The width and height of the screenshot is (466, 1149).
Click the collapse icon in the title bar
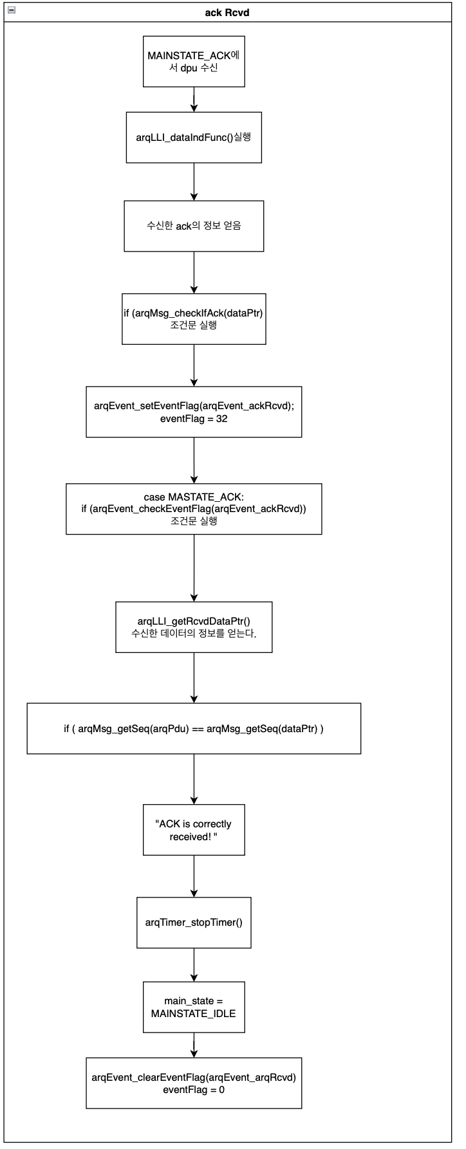point(11,10)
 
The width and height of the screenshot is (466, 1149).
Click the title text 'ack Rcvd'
point(227,12)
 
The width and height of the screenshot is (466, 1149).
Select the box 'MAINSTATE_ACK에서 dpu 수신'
point(194,61)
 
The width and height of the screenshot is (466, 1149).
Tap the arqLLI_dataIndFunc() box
point(194,138)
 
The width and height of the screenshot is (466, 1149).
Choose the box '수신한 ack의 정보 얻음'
point(194,226)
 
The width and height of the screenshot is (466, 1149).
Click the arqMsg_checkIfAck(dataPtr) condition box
point(194,319)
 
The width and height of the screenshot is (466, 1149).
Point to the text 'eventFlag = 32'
point(194,419)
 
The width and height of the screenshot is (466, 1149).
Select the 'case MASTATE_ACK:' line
point(194,497)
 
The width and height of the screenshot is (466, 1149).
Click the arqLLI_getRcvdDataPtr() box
point(194,627)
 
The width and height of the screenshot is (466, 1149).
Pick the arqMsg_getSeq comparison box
point(194,728)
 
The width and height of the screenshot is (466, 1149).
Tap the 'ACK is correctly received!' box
point(194,830)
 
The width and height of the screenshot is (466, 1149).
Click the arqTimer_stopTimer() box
point(194,923)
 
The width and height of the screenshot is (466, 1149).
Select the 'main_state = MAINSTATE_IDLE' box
point(194,1007)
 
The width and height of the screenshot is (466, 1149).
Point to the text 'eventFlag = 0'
point(194,1090)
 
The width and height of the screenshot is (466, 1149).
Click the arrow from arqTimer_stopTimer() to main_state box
point(194,965)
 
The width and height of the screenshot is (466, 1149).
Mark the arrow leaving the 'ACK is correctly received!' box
point(194,876)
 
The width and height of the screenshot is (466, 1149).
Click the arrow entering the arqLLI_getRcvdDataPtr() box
point(194,568)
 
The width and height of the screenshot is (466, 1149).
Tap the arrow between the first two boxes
point(194,100)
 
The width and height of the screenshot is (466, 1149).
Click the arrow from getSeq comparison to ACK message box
point(194,779)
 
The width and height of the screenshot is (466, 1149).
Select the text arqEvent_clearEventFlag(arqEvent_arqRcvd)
point(194,1078)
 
